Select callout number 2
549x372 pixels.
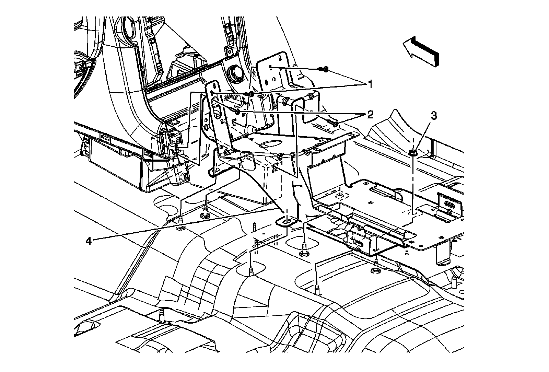pyautogui.click(x=370, y=115)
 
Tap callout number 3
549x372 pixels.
pyautogui.click(x=434, y=116)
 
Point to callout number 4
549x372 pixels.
pyautogui.click(x=89, y=241)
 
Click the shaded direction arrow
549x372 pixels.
pyautogui.click(x=421, y=52)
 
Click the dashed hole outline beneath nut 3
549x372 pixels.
pyautogui.click(x=413, y=213)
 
